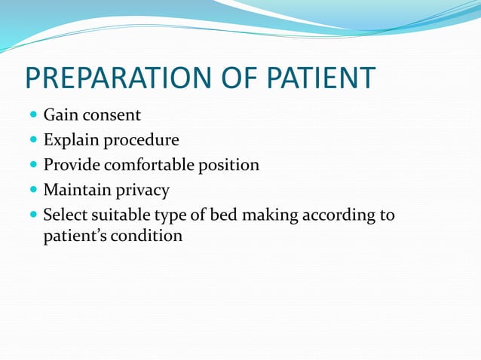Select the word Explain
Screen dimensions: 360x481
pyautogui.click(x=70, y=141)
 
